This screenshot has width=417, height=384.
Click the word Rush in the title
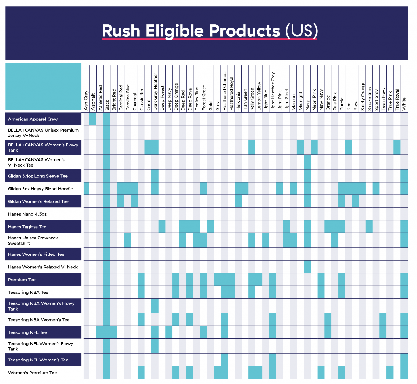pyautogui.click(x=121, y=31)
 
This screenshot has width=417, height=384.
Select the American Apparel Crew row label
pyautogui.click(x=33, y=119)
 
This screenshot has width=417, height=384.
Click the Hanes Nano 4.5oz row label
pyautogui.click(x=27, y=214)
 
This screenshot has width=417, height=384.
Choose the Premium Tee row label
pyautogui.click(x=22, y=280)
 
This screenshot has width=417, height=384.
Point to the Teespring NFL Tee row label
pyautogui.click(x=27, y=332)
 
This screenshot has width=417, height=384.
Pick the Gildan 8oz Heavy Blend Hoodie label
pyautogui.click(x=40, y=189)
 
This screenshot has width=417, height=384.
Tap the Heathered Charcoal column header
pyautogui.click(x=225, y=91)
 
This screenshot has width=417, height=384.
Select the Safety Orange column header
pyautogui.click(x=363, y=96)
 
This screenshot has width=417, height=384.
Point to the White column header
pyautogui.click(x=404, y=104)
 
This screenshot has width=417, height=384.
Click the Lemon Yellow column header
pyautogui.click(x=259, y=96)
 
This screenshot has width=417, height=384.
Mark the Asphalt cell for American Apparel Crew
pyautogui.click(x=93, y=119)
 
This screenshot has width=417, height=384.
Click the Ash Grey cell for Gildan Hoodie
pyautogui.click(x=86, y=188)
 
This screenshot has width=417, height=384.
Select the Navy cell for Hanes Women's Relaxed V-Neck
pyautogui.click(x=307, y=267)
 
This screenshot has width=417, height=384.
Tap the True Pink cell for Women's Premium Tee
pyautogui.click(x=390, y=372)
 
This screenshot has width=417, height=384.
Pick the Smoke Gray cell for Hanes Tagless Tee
pyautogui.click(x=369, y=226)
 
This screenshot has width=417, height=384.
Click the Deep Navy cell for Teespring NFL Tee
pyautogui.click(x=169, y=332)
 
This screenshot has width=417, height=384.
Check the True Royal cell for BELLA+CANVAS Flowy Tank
pyautogui.click(x=397, y=147)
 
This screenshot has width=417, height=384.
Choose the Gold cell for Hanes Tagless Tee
pyautogui.click(x=210, y=226)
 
